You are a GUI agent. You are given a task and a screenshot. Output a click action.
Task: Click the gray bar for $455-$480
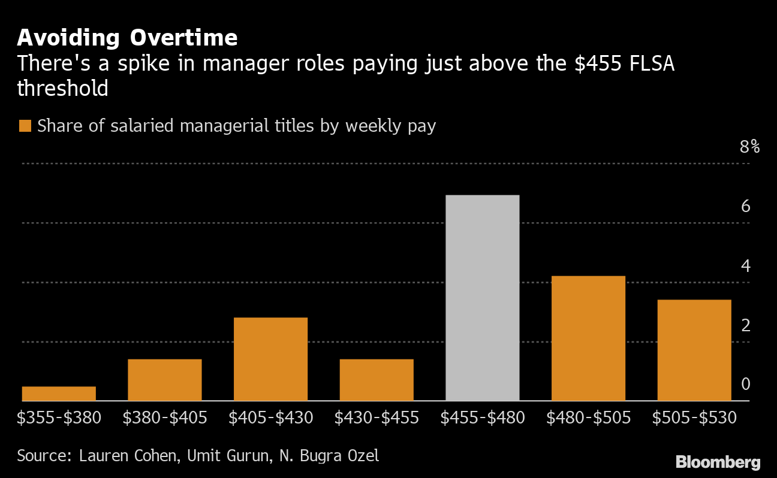pos(482,298)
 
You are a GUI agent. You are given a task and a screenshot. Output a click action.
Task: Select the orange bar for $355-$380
pos(59,394)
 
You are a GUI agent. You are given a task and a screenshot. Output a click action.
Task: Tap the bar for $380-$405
pos(165,380)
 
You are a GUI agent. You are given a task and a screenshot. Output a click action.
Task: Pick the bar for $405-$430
pos(270,359)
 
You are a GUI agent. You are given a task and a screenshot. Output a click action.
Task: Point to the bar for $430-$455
pos(377,380)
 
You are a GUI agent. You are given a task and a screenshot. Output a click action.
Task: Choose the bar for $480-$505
pos(588,338)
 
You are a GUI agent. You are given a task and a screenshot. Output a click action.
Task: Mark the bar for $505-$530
pos(694,350)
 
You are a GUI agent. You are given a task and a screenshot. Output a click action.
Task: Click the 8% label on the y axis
pos(749,147)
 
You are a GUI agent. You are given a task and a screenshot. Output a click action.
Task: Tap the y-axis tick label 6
pos(745,207)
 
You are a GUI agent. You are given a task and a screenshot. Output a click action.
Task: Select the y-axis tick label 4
pos(745,266)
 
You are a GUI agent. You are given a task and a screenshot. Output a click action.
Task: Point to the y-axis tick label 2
pos(745,325)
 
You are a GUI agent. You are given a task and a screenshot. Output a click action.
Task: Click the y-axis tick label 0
pos(745,384)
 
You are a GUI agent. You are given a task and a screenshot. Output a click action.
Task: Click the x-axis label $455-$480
pos(482,418)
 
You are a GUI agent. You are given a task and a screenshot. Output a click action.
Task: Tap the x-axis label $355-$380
pos(59,418)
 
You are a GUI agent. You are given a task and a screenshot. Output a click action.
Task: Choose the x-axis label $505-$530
pos(694,418)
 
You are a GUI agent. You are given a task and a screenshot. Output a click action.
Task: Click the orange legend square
pos(25,126)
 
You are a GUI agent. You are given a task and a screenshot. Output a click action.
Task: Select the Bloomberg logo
pos(718,462)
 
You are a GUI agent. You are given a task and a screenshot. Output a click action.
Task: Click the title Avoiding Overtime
pos(127,38)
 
